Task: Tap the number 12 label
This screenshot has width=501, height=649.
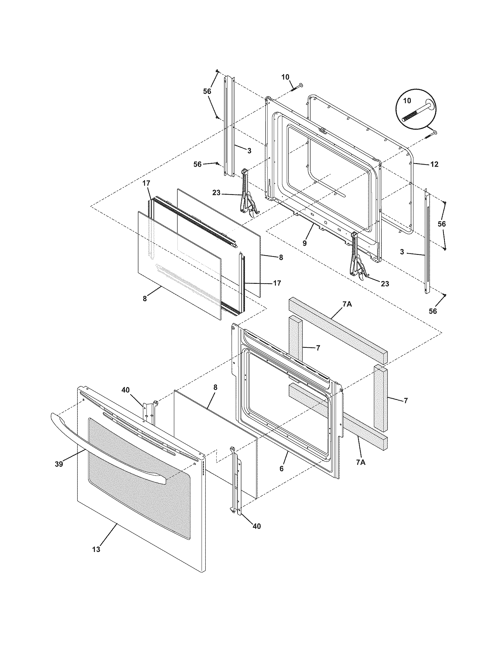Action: (x=434, y=164)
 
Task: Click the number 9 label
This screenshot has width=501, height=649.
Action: (x=304, y=243)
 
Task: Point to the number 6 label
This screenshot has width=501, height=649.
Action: (x=281, y=469)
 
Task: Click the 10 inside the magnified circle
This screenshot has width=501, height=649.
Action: (x=407, y=101)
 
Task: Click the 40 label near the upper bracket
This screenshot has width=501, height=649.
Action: (x=126, y=390)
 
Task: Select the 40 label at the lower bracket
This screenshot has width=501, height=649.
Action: (x=257, y=526)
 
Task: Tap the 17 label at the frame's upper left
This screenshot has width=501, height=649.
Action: (x=146, y=183)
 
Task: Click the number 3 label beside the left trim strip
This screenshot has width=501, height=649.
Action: (x=249, y=151)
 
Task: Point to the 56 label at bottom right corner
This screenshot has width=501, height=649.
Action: (x=433, y=311)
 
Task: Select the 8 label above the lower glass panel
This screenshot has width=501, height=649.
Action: (x=215, y=388)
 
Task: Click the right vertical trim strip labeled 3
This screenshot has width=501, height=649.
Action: (x=427, y=241)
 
